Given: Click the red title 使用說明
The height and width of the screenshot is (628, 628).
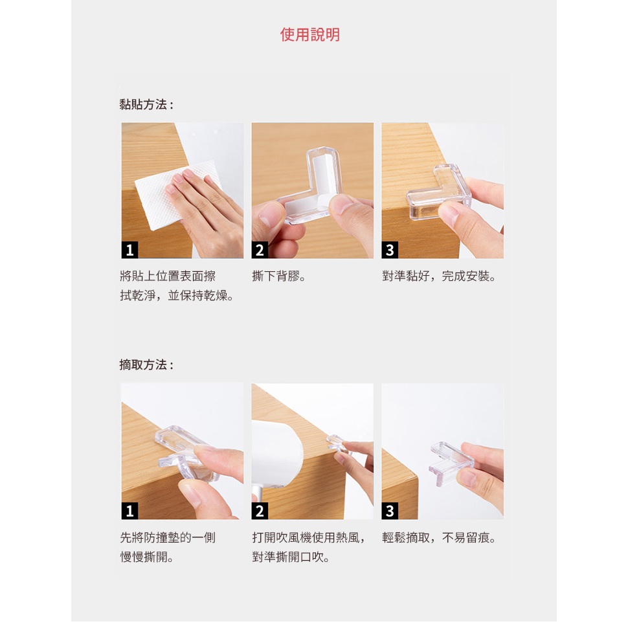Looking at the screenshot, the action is (x=310, y=35).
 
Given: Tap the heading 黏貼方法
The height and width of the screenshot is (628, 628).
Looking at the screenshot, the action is (x=146, y=104).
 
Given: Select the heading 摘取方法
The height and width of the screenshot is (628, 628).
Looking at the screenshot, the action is (x=146, y=365).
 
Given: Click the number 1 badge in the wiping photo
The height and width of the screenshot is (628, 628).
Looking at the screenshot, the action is (x=129, y=250).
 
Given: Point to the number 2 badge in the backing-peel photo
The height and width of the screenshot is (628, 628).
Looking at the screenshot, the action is (x=260, y=250).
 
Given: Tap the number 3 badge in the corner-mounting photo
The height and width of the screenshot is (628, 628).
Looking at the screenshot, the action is (x=390, y=250).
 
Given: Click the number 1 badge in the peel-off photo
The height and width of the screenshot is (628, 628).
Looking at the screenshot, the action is (x=129, y=511).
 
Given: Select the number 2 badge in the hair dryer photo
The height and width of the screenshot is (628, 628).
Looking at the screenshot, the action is (x=260, y=511).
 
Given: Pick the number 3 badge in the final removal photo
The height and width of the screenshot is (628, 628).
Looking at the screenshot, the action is (x=390, y=511).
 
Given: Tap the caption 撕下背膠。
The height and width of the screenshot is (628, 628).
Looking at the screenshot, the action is (x=279, y=276).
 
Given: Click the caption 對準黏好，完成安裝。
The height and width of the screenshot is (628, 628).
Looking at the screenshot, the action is (x=439, y=276).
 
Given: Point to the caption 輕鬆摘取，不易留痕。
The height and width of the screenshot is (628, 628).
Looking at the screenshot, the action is (x=439, y=537).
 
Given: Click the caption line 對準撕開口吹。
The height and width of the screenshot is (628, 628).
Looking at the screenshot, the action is (x=291, y=557).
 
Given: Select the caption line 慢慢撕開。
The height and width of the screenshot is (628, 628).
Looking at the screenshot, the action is (x=146, y=557).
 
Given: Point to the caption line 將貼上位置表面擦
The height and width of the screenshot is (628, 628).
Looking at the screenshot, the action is (x=168, y=276).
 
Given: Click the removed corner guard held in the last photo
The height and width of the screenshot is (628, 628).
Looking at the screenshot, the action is (x=451, y=464).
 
